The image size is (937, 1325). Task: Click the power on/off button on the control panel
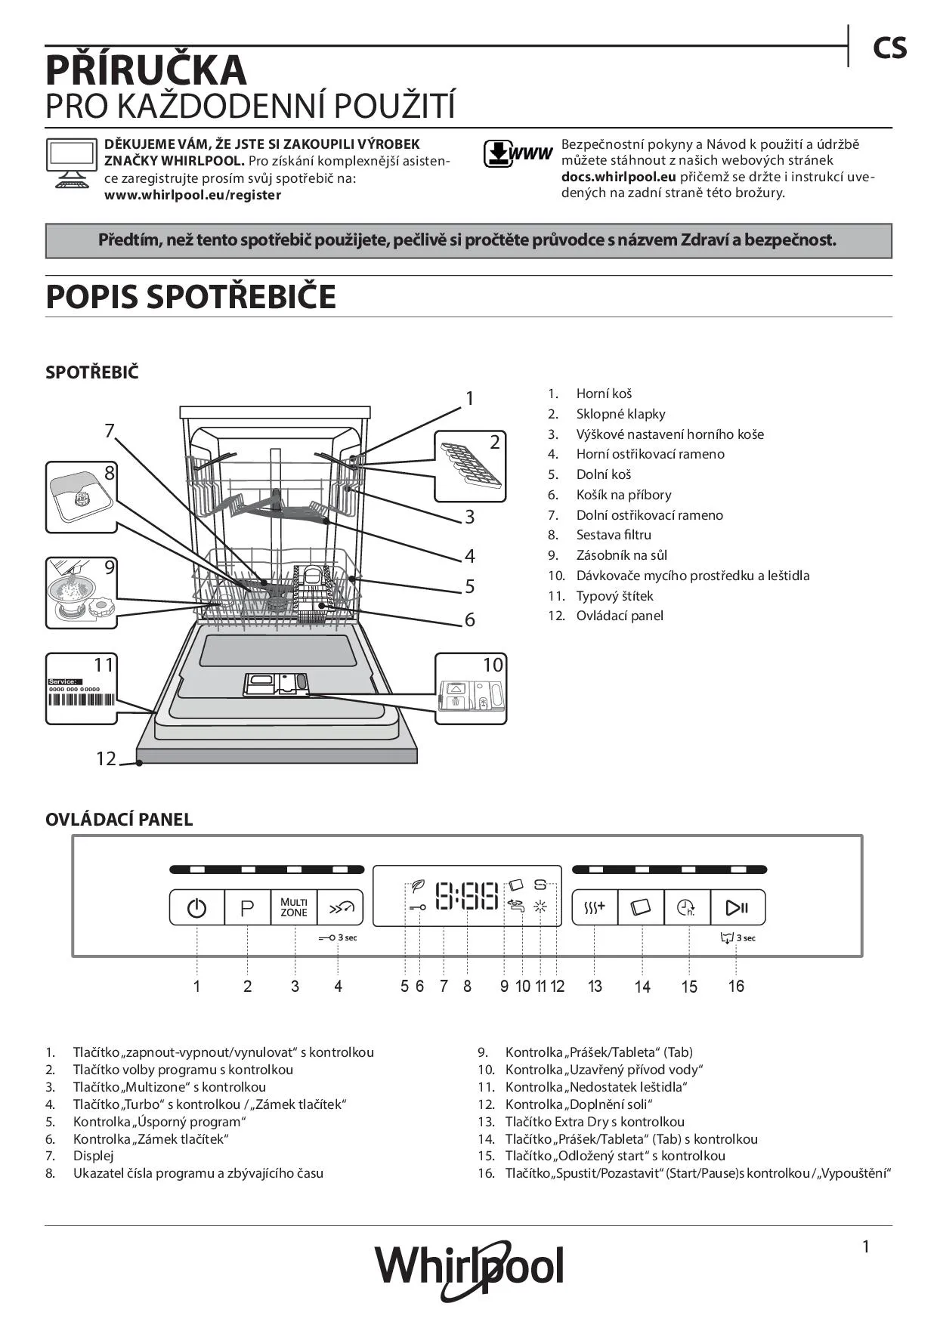(196, 907)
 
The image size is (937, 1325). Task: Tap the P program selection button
(247, 907)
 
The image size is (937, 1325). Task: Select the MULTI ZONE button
(294, 907)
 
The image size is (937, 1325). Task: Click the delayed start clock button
(687, 907)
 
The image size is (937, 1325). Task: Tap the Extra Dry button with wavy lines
(595, 907)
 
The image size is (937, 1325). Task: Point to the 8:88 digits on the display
(468, 896)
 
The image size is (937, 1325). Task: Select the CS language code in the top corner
(889, 48)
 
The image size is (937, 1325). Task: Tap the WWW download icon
(518, 153)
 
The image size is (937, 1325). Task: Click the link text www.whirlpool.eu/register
(193, 195)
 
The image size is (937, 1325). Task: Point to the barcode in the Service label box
(82, 700)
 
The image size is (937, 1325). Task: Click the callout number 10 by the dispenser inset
(493, 665)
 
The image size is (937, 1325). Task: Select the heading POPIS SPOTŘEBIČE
(190, 297)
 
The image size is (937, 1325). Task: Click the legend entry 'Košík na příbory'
(623, 495)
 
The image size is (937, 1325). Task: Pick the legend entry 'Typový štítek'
(614, 596)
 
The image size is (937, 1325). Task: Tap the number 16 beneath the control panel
(736, 986)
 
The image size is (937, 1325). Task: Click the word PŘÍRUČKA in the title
(146, 69)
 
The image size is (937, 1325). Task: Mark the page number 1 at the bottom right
(866, 1246)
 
